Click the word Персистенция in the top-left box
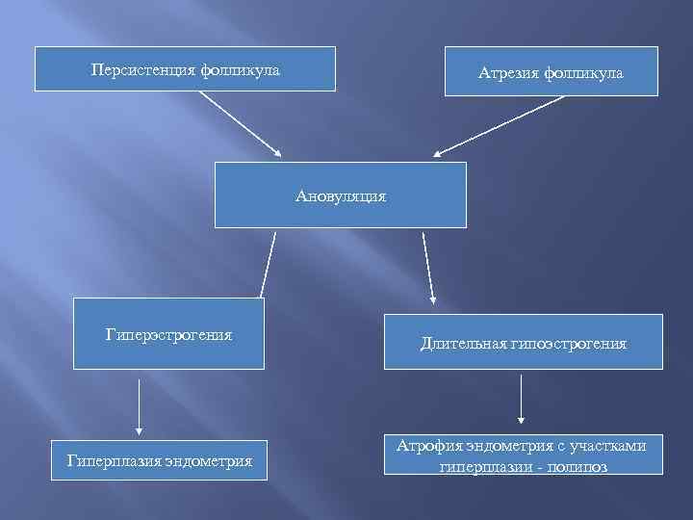[143, 70]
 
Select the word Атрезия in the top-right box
[509, 73]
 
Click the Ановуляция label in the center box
[341, 195]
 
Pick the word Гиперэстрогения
[169, 335]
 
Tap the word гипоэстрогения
[573, 343]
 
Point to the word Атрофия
[427, 445]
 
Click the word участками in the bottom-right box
[611, 445]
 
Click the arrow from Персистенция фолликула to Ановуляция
[240, 124]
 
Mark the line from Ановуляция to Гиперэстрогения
[268, 262]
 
